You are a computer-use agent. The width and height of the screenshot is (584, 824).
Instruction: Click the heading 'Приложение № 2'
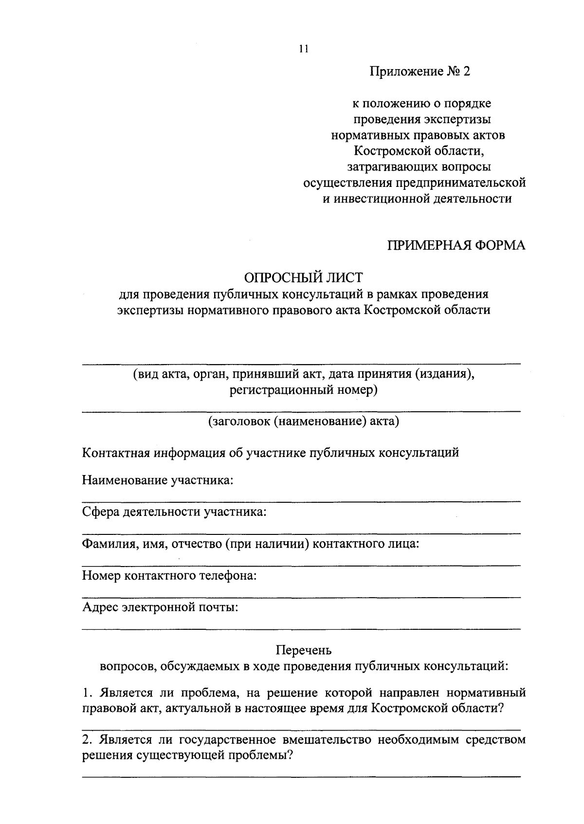coord(421,72)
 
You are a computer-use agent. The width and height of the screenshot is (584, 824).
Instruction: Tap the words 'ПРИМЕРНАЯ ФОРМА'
coord(456,245)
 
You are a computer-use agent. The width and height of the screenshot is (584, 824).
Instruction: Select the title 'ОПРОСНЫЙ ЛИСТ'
coord(304,278)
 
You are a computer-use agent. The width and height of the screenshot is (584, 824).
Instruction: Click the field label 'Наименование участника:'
coord(158,480)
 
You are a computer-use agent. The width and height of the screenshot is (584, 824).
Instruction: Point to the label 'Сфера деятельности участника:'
coord(174,512)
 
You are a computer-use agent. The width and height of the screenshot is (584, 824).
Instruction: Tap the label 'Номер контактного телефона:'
coord(169,576)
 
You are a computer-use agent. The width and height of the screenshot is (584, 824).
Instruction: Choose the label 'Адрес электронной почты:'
coord(160,607)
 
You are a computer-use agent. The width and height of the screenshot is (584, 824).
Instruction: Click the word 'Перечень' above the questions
coord(304,650)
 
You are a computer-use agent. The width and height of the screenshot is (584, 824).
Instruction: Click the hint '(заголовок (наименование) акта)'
coord(304,421)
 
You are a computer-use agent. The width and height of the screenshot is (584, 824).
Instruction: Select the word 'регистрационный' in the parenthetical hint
coord(282,390)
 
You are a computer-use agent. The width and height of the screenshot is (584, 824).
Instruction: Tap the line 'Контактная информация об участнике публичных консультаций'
coord(271,453)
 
